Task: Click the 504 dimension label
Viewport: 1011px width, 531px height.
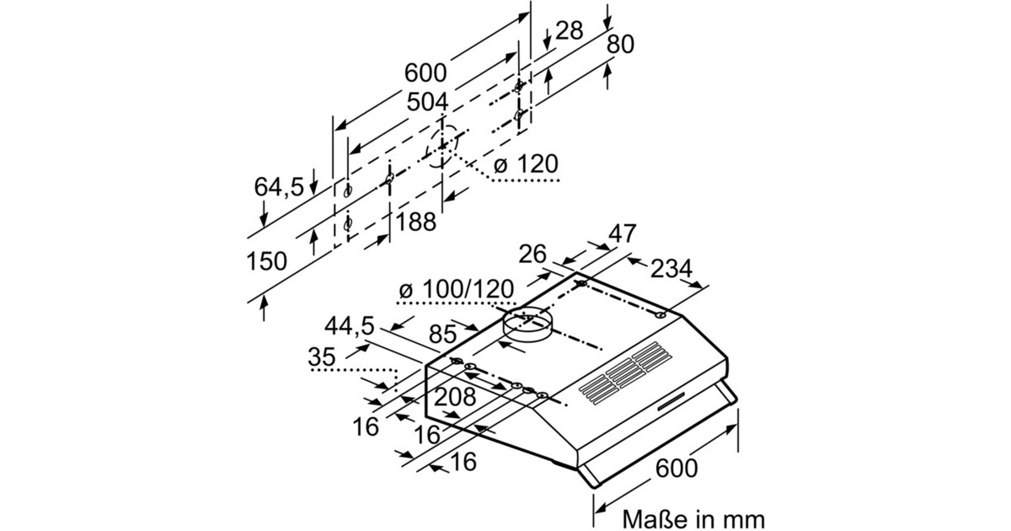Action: pos(427,103)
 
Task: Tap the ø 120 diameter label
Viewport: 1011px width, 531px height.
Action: pos(527,163)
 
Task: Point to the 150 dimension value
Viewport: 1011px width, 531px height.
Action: pos(266,261)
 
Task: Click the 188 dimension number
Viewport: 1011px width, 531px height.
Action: pos(416,223)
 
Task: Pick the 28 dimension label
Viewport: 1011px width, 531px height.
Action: pos(569,31)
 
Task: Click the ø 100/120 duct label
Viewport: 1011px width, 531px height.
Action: pos(456,289)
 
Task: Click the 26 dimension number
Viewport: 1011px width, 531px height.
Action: pos(532,254)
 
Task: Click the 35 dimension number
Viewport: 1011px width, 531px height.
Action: pos(322,357)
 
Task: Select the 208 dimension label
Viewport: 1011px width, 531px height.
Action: pos(456,397)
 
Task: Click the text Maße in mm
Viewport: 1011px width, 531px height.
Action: pos(693,517)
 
